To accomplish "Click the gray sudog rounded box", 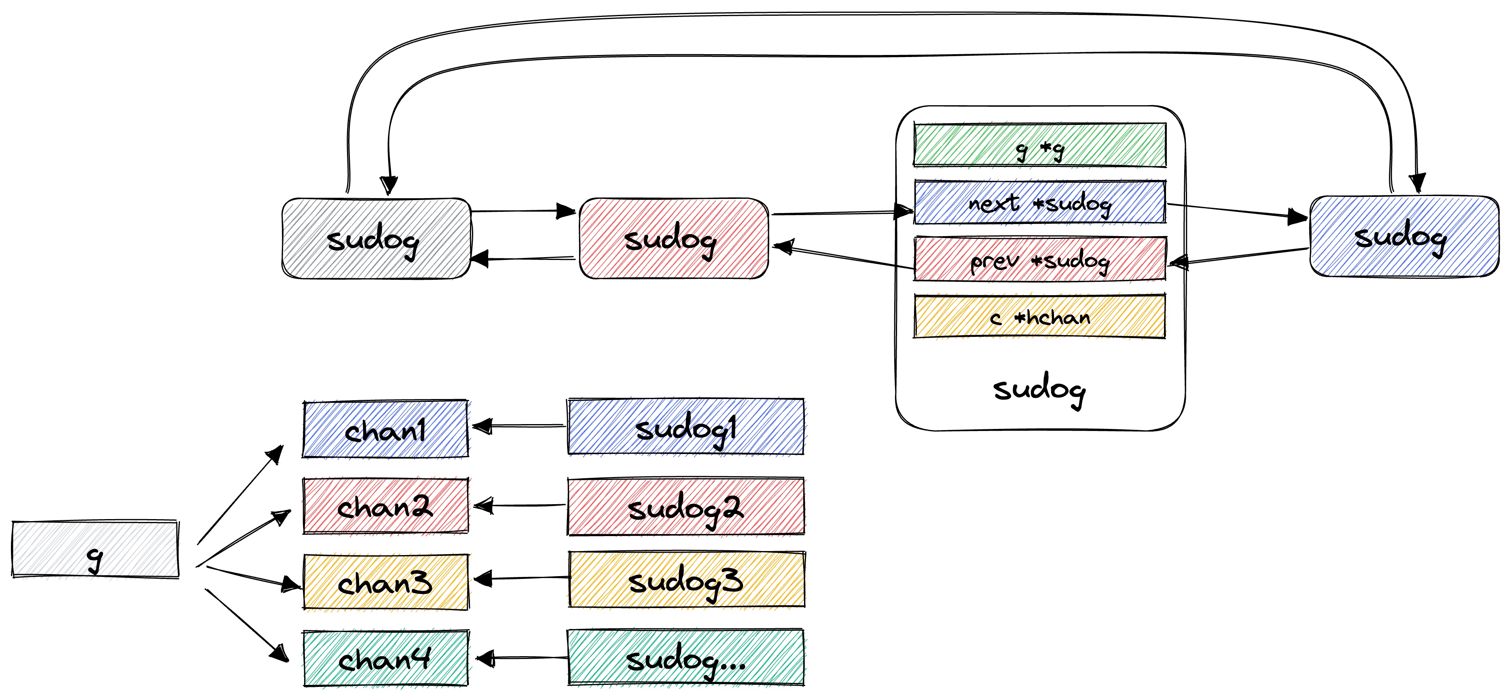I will coord(376,238).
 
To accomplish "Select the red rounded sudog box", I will coord(673,238).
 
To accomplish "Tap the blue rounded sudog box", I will coord(1404,236).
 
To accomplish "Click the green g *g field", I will coord(1039,145).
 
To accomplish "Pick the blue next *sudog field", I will coord(1039,202).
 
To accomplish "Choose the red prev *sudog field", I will coord(1039,259).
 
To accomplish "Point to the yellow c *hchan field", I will coord(1039,317).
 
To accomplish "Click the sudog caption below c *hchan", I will coord(1039,389).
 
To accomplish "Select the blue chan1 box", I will coord(385,429).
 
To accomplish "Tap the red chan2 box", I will coord(385,506).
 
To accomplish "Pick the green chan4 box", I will coord(385,658).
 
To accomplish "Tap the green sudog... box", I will coord(686,658).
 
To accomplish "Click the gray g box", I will coord(95,549).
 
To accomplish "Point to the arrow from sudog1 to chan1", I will coord(519,426).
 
